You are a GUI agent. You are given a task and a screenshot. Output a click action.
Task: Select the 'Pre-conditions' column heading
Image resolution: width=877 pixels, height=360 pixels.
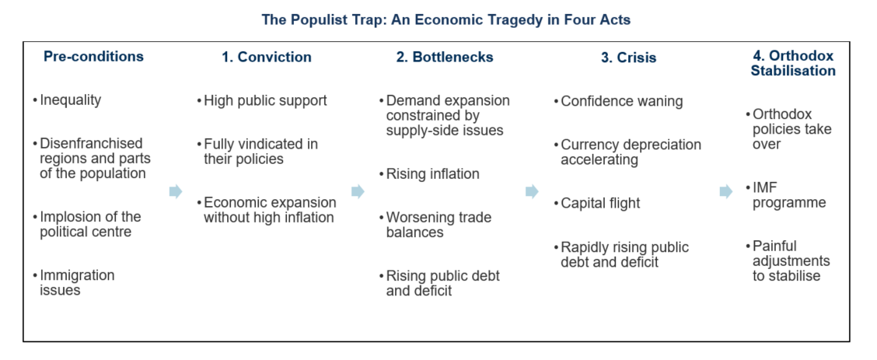(93, 57)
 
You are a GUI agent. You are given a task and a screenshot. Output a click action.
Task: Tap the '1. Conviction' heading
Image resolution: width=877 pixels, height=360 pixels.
(267, 57)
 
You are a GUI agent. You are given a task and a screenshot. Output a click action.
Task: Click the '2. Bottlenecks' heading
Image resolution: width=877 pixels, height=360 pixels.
(445, 57)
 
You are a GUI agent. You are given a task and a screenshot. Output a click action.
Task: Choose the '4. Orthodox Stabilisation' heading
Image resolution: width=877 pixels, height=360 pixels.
(793, 63)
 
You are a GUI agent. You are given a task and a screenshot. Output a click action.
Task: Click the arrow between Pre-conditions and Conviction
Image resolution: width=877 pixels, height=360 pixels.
(176, 192)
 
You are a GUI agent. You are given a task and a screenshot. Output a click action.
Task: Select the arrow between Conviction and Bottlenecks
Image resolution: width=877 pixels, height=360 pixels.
(358, 192)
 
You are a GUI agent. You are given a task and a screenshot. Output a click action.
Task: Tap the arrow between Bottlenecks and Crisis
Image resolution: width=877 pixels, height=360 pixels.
(532, 192)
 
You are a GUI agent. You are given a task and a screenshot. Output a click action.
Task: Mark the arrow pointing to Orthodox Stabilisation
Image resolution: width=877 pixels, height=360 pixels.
(726, 192)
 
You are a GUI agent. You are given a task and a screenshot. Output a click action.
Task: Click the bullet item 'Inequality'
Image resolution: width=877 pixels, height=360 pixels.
(67, 100)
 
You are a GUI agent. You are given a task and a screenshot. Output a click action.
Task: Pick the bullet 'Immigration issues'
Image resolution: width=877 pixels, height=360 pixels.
(74, 282)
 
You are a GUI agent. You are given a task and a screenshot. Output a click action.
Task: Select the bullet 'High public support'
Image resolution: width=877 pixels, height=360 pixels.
(262, 100)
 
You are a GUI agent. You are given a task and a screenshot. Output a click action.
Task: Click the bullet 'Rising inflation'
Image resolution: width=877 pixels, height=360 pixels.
(429, 174)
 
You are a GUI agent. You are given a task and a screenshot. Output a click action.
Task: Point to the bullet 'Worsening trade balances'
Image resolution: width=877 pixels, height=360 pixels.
(435, 225)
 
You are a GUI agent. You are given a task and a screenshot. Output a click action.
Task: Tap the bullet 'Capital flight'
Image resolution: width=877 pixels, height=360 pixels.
(597, 203)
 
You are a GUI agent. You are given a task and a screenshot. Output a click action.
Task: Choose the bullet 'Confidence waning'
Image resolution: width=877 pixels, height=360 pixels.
(618, 101)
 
